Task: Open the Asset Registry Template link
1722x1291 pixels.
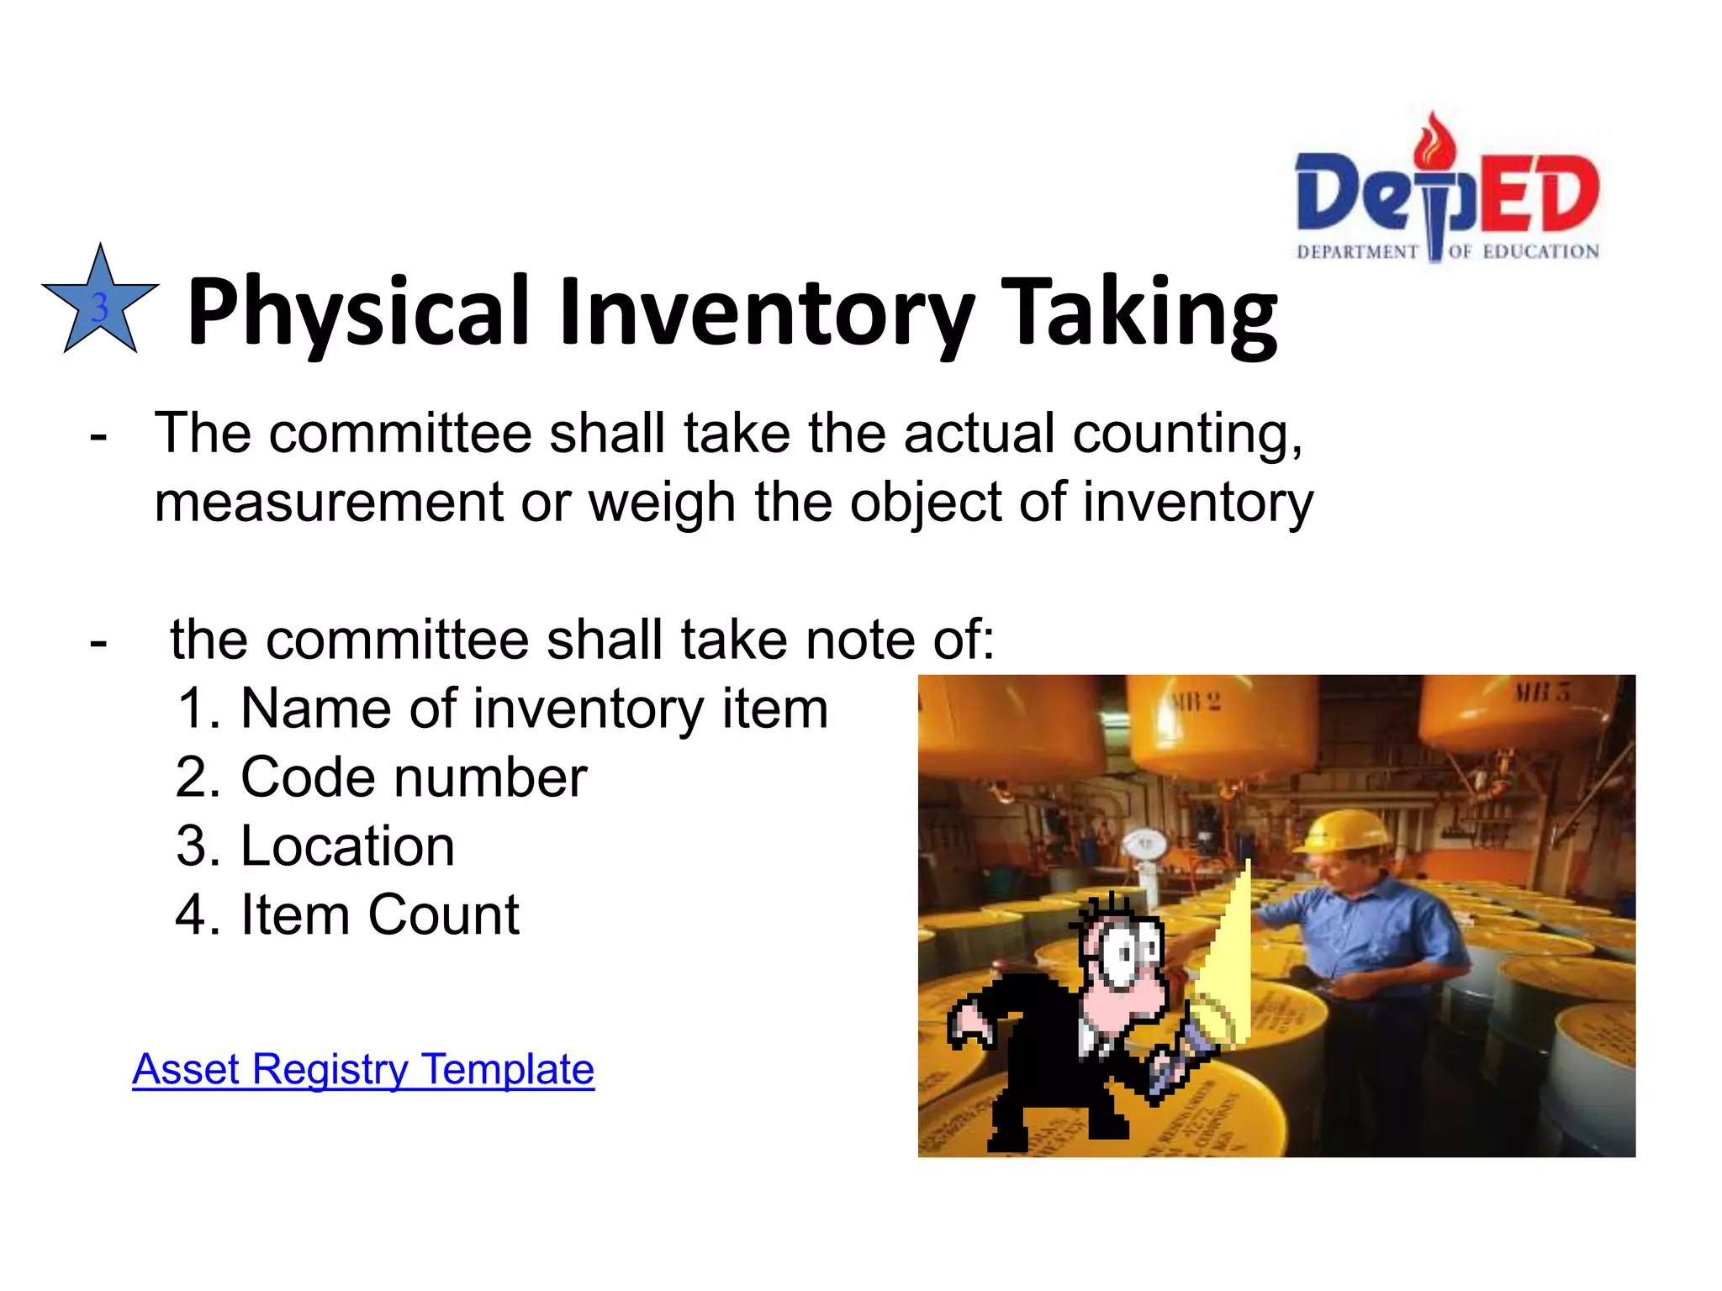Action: click(x=363, y=1070)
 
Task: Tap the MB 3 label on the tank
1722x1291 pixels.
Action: click(x=1541, y=693)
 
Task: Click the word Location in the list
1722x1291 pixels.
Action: click(x=348, y=846)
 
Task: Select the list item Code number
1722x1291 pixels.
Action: click(x=381, y=777)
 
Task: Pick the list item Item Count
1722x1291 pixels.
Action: click(x=347, y=914)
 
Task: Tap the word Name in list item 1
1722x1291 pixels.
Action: click(x=315, y=709)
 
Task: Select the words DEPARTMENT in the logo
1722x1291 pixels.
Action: click(x=1357, y=252)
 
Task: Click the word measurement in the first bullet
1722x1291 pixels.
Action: click(x=329, y=503)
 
